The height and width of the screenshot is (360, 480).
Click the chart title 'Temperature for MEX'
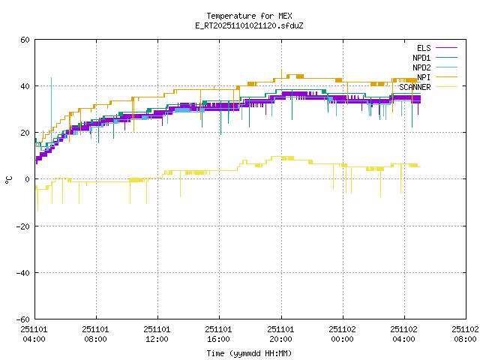point(249,16)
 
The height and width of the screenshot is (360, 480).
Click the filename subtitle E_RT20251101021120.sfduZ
point(249,25)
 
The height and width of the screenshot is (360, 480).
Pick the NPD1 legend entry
point(421,58)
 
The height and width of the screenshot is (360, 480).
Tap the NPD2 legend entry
point(421,67)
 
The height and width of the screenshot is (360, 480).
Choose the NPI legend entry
point(424,77)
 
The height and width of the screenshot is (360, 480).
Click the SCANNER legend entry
point(415,87)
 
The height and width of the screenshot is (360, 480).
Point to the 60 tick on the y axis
point(25,40)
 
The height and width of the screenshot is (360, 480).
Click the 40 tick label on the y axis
point(25,86)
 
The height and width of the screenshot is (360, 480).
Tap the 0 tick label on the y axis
point(28,179)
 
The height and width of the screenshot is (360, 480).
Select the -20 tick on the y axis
point(23,226)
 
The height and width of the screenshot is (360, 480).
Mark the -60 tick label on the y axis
point(23,319)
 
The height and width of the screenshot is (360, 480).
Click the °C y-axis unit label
point(9,179)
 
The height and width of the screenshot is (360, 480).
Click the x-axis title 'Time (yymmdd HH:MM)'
point(249,353)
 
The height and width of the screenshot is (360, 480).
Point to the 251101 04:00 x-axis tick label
point(34,334)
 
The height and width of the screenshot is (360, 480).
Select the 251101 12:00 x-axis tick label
point(157,334)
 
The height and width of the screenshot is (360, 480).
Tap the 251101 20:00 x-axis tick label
point(280,334)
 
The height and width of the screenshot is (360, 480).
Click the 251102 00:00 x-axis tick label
point(343,334)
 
